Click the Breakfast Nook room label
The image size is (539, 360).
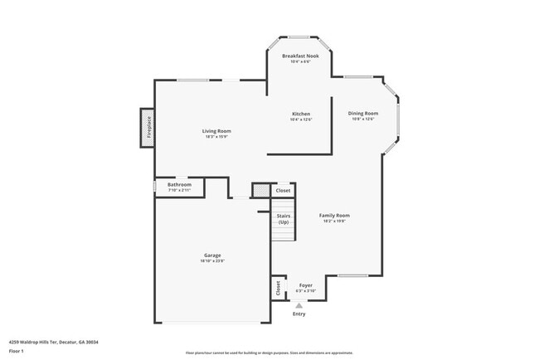[x=299, y=56]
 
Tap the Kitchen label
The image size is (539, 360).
[x=300, y=114]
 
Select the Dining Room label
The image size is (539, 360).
[x=362, y=114]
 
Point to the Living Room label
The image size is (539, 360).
[x=216, y=131]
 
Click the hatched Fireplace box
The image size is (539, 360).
[x=147, y=129]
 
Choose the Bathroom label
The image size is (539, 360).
[x=179, y=184]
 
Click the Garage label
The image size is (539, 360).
[x=212, y=255]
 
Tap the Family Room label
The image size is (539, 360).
[x=335, y=216]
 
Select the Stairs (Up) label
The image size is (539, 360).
[x=284, y=219]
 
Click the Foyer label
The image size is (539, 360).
[x=305, y=285]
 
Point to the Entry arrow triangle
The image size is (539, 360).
[x=299, y=304]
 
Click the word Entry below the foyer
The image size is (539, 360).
[x=299, y=314]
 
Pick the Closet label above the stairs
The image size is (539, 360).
[x=284, y=191]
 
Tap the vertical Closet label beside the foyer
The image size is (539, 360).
[x=278, y=288]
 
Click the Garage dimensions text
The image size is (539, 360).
[x=212, y=260]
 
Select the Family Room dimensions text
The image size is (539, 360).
[x=335, y=221]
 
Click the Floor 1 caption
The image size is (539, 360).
[x=16, y=351]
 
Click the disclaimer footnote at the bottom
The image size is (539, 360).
[x=269, y=353]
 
